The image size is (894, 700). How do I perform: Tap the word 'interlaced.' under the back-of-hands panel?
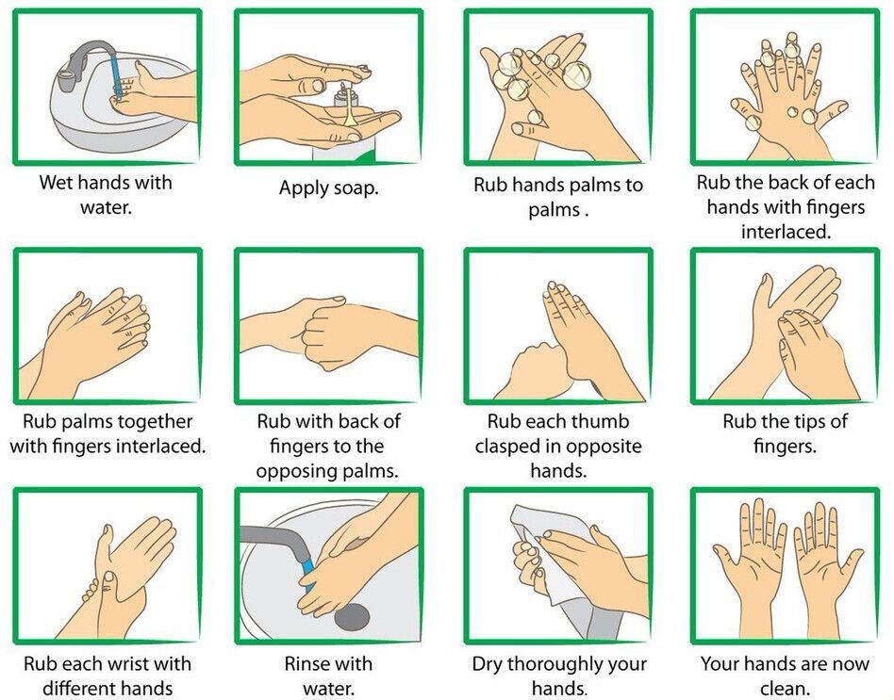(786, 232)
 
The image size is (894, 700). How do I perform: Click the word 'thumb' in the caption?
(600, 421)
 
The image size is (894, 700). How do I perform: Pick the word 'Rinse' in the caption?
(306, 664)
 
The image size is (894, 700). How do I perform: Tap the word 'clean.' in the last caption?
(785, 689)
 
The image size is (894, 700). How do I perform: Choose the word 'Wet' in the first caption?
(55, 182)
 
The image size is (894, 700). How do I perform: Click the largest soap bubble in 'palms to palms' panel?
(576, 75)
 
